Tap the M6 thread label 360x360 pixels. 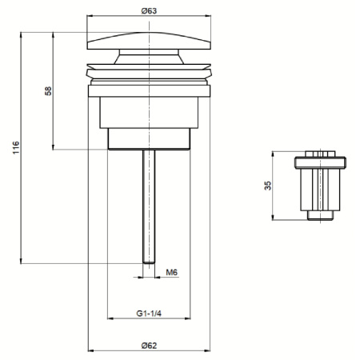(171, 272)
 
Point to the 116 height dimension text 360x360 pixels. (15, 148)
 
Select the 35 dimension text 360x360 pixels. (268, 186)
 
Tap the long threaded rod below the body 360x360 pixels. (149, 208)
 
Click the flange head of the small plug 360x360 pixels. (323, 162)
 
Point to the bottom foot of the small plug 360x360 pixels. (323, 215)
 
